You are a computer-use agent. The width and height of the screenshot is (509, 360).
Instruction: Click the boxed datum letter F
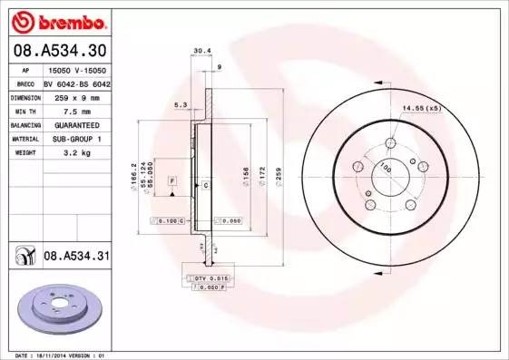tap(171, 182)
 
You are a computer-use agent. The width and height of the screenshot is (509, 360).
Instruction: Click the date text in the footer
tap(56, 355)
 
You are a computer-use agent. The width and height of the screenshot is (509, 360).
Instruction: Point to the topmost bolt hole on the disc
tap(391, 142)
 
